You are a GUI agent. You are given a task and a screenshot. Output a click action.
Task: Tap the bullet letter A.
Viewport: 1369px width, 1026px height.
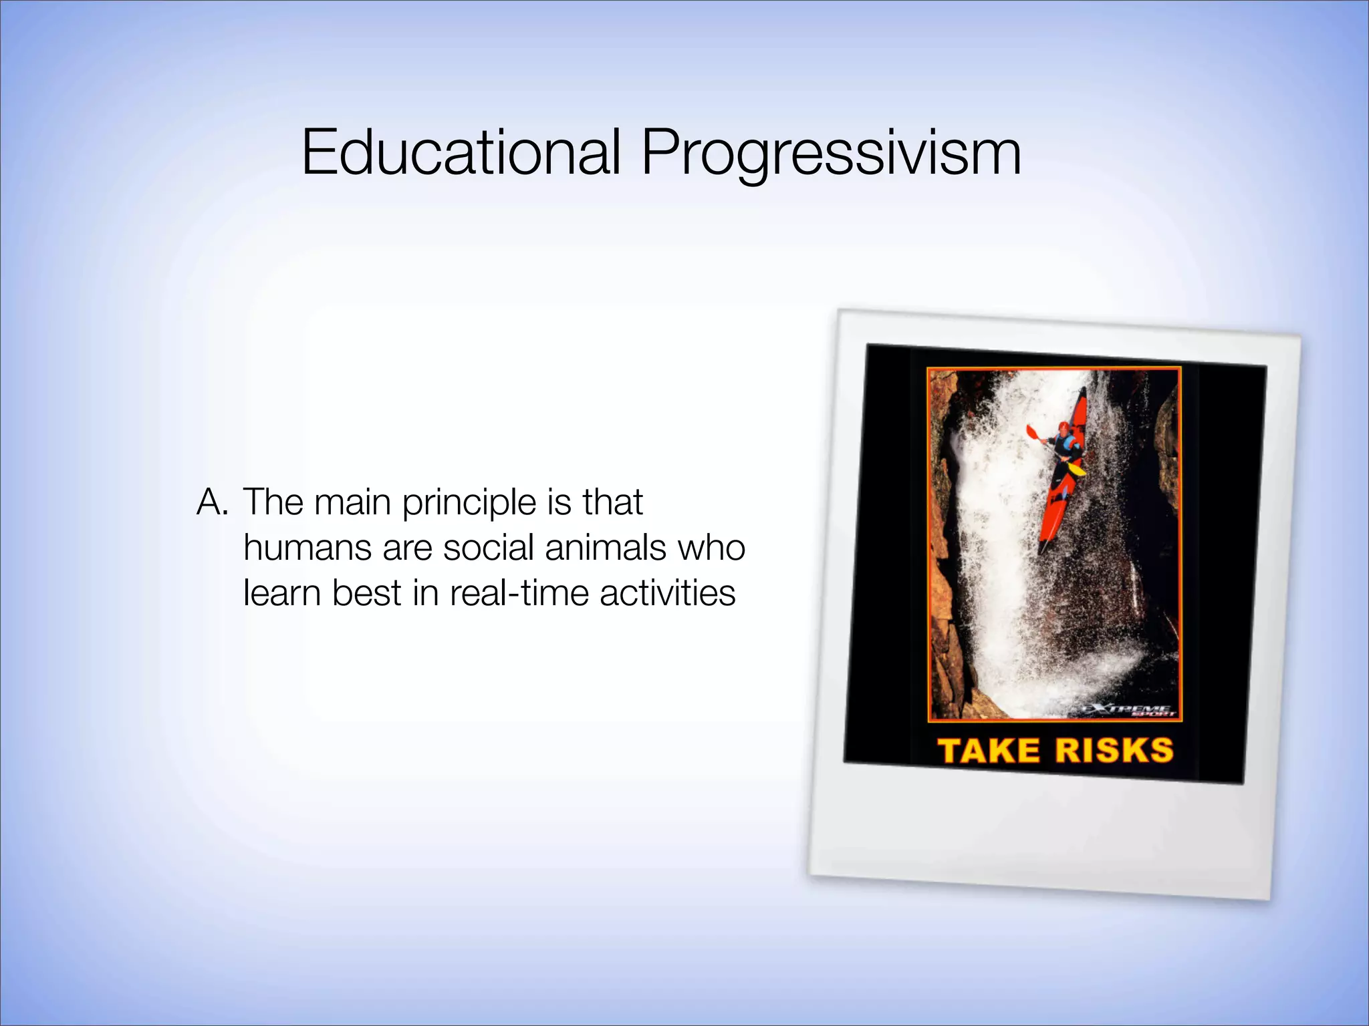(x=212, y=502)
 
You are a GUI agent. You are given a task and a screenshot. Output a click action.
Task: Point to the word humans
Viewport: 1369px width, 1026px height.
(x=307, y=548)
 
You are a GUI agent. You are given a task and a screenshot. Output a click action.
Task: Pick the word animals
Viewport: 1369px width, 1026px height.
(x=606, y=548)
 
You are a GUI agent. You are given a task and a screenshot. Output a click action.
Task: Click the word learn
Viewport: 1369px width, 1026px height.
(x=282, y=593)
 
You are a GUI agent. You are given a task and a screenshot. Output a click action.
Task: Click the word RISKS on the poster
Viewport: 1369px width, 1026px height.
(x=1114, y=750)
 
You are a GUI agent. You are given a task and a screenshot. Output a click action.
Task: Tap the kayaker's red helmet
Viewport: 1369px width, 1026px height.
(x=1063, y=427)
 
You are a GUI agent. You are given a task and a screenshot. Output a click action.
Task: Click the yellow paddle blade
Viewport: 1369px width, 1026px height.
(x=1077, y=469)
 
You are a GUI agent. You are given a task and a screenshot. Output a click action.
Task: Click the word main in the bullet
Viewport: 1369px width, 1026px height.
(x=352, y=502)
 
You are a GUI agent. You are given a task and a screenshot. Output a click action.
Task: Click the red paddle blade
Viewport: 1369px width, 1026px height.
(x=1032, y=432)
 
